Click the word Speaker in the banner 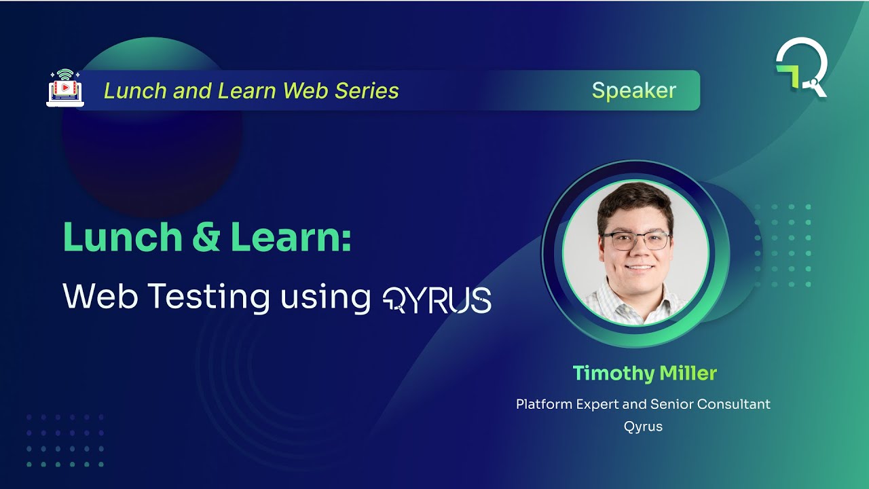633,90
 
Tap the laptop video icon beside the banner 64,88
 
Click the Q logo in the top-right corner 802,67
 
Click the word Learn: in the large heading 291,237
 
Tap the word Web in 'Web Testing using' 98,297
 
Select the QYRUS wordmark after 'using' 437,300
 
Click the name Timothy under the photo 613,373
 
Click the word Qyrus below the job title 643,427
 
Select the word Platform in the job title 544,404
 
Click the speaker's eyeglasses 635,240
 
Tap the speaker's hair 634,200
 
